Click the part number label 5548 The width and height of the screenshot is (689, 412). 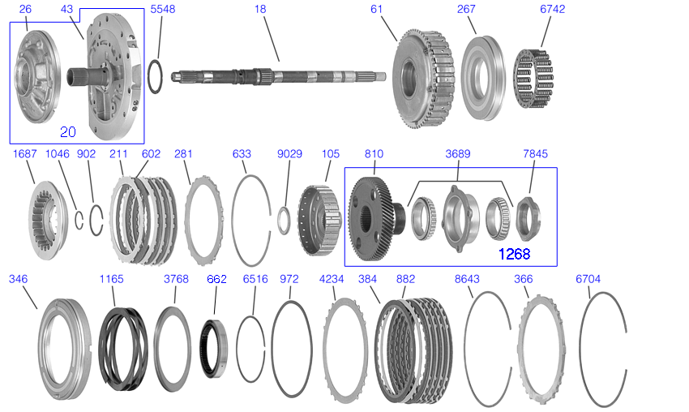pyautogui.click(x=163, y=9)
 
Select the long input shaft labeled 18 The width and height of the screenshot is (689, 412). pyautogui.click(x=279, y=76)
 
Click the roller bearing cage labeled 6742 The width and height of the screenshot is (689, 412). pyautogui.click(x=533, y=79)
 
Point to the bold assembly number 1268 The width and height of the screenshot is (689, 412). pyautogui.click(x=514, y=254)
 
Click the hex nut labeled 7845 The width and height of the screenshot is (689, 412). pyautogui.click(x=529, y=218)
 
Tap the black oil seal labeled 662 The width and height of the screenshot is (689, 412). pyautogui.click(x=214, y=349)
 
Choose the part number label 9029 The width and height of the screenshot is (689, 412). pyautogui.click(x=289, y=154)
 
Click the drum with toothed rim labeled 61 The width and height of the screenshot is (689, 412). pyautogui.click(x=422, y=79)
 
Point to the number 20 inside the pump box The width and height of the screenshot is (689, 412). pyautogui.click(x=67, y=132)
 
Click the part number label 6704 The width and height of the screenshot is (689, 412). pyautogui.click(x=588, y=279)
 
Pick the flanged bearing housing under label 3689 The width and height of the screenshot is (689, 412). pyautogui.click(x=460, y=218)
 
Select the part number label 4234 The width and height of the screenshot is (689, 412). pyautogui.click(x=332, y=279)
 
